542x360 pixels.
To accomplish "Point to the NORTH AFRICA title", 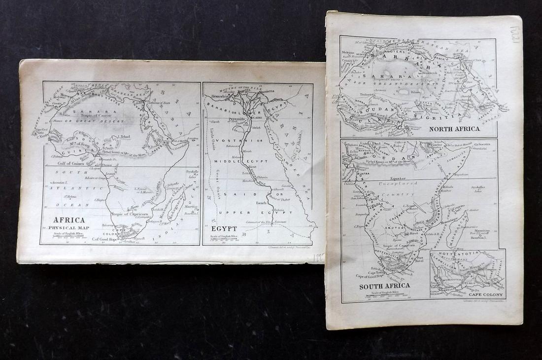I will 454,129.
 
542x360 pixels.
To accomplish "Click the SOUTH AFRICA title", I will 378,286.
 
